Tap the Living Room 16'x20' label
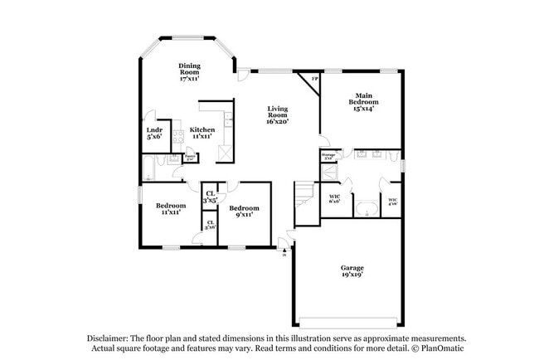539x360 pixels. pos(277,115)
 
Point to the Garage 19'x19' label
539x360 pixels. pos(352,272)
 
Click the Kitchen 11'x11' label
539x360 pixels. pos(202,133)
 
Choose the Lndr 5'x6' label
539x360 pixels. pos(154,134)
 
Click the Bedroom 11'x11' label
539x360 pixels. pos(171,208)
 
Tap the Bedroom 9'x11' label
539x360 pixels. pos(245,212)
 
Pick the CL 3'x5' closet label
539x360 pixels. pos(210,197)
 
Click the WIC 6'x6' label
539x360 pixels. pos(334,200)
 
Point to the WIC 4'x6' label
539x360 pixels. pos(392,200)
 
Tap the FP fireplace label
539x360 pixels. pos(314,80)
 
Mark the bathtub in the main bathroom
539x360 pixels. pos(366,207)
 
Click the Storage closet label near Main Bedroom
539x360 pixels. pos(328,156)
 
